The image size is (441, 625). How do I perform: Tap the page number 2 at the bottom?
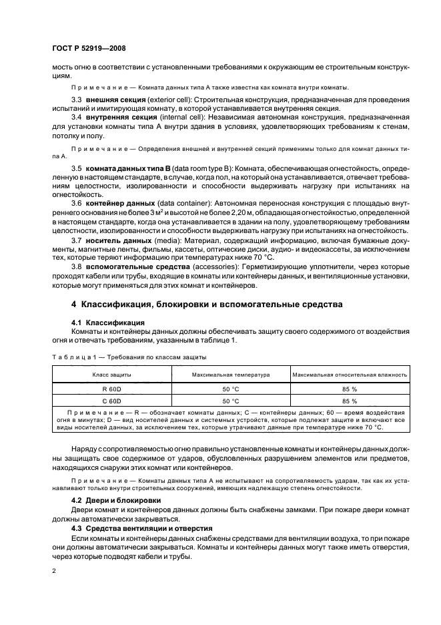[x=55, y=572]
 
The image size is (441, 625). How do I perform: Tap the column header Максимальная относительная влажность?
[x=349, y=375]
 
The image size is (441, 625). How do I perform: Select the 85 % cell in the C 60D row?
[x=349, y=401]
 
